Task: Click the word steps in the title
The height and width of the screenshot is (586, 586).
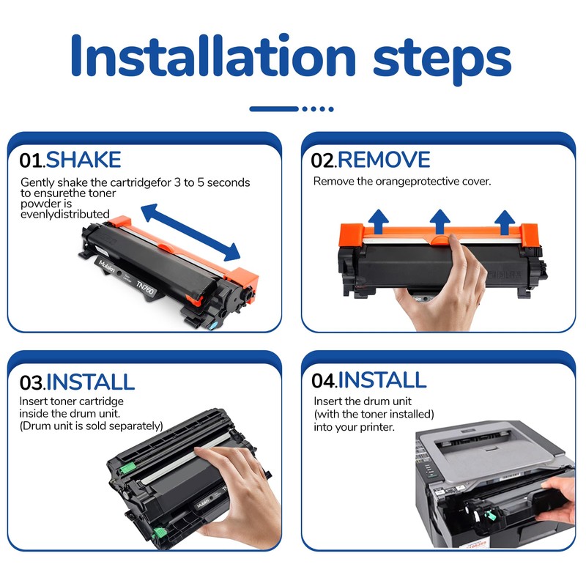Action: point(442,60)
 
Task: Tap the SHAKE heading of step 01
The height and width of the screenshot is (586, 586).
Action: point(84,160)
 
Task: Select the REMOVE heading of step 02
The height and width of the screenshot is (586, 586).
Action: point(384,160)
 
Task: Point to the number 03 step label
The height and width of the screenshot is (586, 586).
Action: point(32,382)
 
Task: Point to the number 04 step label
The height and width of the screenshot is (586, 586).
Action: point(324,381)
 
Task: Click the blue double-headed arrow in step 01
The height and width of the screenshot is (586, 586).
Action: point(190,232)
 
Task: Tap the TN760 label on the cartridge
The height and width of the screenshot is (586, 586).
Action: point(145,286)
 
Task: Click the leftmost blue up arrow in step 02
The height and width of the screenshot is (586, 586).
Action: point(378,222)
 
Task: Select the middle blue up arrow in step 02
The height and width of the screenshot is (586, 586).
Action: point(440,222)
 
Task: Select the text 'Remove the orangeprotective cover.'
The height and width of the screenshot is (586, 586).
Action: point(402,181)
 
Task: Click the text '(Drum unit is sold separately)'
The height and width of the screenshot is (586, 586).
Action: point(91,426)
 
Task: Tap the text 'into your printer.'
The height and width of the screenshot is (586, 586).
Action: point(355,427)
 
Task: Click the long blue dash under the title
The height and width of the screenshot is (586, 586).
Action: point(274,108)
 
